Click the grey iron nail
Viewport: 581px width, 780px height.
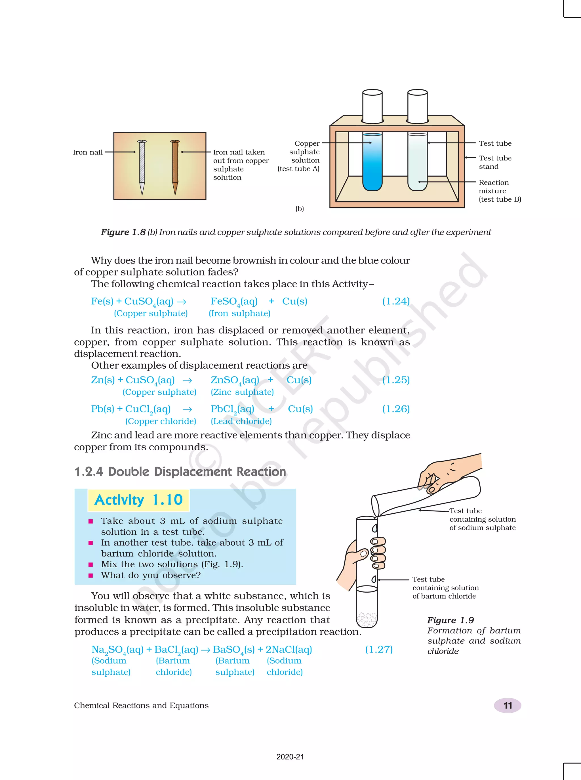[x=142, y=166]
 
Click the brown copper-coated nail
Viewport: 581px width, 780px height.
[x=175, y=166]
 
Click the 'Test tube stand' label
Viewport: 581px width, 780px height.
[x=495, y=162]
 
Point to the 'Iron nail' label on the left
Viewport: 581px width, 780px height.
[x=88, y=152]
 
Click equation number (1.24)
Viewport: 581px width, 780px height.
[x=396, y=301]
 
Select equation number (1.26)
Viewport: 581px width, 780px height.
[x=396, y=409]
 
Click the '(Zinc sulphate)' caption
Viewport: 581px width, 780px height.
[x=242, y=392]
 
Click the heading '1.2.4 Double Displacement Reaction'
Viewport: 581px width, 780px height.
[x=180, y=472]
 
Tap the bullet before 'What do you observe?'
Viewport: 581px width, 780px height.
[x=91, y=576]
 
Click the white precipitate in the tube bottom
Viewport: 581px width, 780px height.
[x=367, y=619]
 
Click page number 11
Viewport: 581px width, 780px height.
[x=508, y=705]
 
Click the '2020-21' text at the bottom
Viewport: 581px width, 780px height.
[x=290, y=757]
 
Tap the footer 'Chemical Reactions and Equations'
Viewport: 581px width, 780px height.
[x=141, y=705]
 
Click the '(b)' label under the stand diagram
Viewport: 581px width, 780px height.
[x=300, y=209]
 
